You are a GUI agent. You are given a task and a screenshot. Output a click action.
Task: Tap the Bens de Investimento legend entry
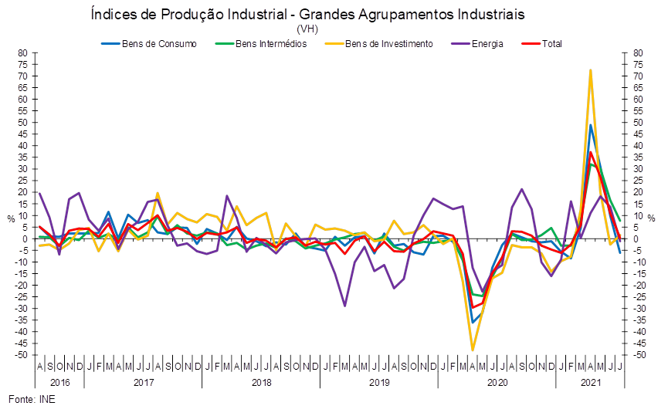(x=388, y=43)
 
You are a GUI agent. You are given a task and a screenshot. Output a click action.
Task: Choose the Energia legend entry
(x=488, y=43)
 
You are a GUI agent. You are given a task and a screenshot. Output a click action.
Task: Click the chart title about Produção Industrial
(x=307, y=15)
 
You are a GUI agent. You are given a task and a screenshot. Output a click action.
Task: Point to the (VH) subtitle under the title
(x=307, y=29)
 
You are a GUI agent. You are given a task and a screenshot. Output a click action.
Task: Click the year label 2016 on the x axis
(x=59, y=382)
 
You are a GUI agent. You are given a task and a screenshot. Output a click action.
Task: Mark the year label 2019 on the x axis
(x=379, y=382)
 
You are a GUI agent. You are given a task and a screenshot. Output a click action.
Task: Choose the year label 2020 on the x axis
(x=497, y=382)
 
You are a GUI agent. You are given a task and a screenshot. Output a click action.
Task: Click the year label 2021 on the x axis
(x=590, y=382)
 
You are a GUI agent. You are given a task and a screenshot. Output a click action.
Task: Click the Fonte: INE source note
(x=32, y=399)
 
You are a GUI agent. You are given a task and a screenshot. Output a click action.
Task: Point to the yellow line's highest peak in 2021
(x=591, y=70)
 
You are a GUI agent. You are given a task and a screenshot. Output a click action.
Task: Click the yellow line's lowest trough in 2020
(x=473, y=350)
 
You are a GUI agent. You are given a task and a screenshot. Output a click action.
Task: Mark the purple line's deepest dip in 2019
(x=345, y=306)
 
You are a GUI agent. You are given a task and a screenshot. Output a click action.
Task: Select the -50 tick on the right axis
(x=638, y=354)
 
